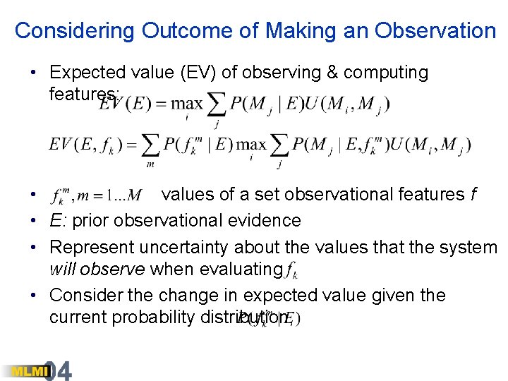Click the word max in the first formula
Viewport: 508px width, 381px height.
[x=188, y=104]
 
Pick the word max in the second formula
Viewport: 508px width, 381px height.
[x=252, y=145]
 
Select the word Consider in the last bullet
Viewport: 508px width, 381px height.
[x=84, y=296]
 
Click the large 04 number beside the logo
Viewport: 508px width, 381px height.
[x=59, y=370]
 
